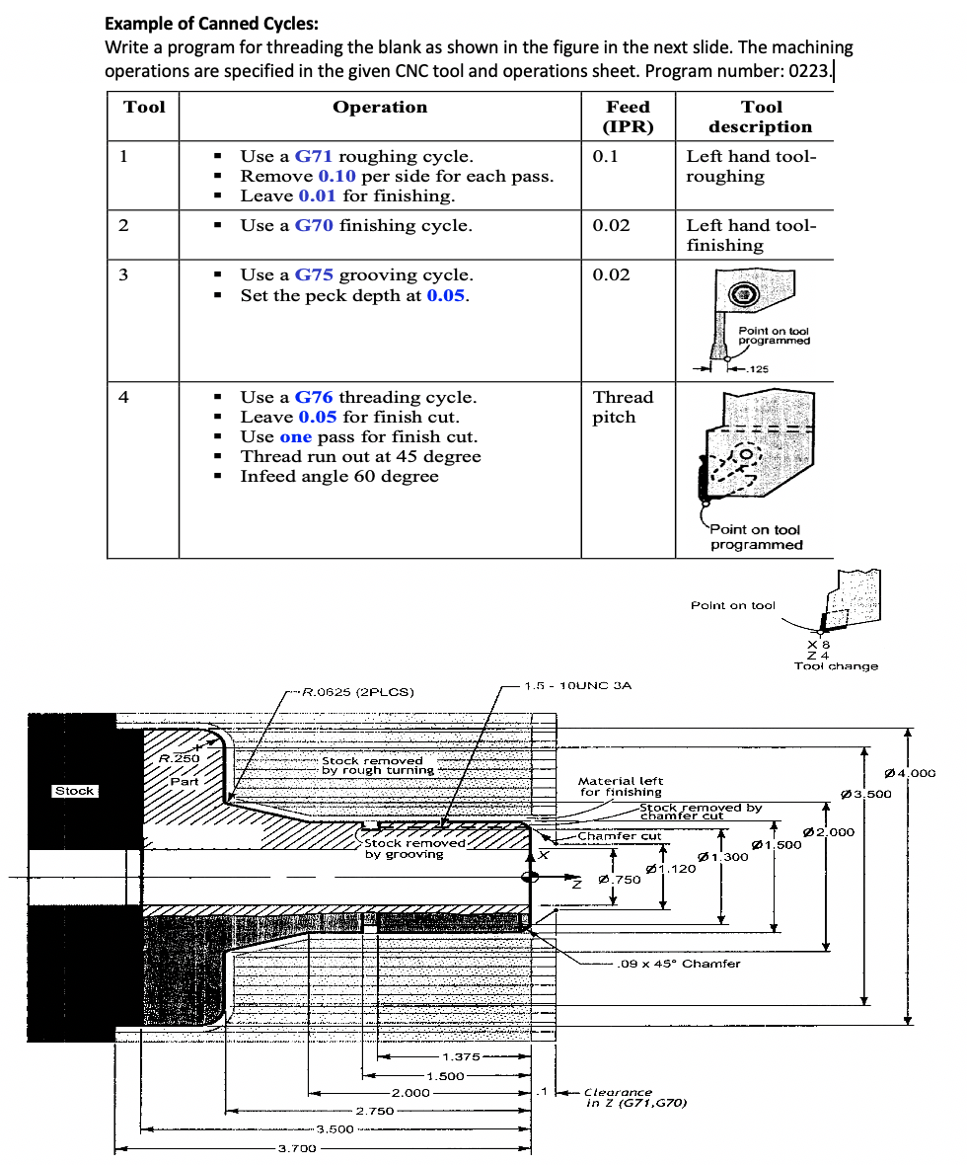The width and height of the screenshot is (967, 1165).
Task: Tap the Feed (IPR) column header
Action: click(x=628, y=116)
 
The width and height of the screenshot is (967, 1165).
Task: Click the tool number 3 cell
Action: click(x=123, y=274)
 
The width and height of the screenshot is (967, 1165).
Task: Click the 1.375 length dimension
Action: click(x=461, y=1056)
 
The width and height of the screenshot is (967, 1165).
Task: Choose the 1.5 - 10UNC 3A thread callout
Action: click(x=577, y=684)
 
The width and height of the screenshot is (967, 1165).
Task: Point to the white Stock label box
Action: click(x=75, y=791)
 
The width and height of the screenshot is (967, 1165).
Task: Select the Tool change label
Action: click(x=836, y=666)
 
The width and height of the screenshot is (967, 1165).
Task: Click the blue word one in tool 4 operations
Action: click(x=295, y=436)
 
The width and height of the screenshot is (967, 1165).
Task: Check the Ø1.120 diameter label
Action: click(x=670, y=869)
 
